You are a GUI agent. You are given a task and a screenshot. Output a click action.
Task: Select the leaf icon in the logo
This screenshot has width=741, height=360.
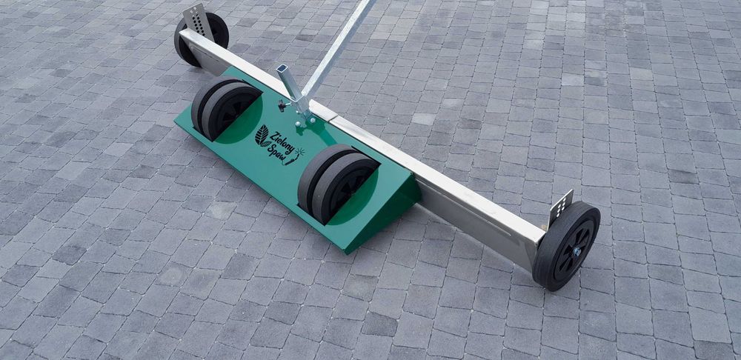pyautogui.click(x=262, y=136)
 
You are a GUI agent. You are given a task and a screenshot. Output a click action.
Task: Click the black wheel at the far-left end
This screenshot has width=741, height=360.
pyautogui.click(x=202, y=39)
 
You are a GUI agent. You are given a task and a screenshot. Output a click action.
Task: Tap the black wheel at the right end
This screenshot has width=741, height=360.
pyautogui.click(x=567, y=245)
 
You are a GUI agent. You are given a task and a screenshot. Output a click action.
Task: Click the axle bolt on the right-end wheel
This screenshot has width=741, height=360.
pyautogui.click(x=577, y=251)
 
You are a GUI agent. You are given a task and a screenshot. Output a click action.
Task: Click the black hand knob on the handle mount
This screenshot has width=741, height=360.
pyautogui.click(x=282, y=105)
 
